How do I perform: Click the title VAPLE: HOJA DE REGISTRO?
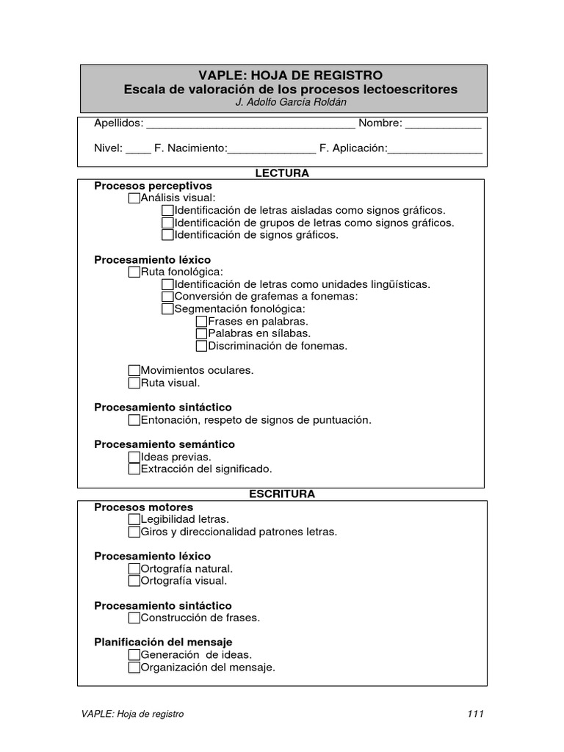290,76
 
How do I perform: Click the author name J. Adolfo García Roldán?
290,102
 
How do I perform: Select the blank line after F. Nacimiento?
272,149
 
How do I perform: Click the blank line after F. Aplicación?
435,149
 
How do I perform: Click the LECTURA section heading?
281,173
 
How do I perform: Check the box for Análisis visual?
134,198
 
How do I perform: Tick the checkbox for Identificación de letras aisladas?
167,211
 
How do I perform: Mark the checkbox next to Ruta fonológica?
134,272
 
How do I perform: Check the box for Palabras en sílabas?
202,333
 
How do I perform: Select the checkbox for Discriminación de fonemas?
202,346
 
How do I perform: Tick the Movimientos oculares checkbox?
134,371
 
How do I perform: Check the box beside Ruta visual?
134,383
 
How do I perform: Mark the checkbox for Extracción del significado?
134,469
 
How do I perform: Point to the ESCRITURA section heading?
281,494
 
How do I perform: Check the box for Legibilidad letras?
134,520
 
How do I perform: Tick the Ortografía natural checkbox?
134,569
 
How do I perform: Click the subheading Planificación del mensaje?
163,642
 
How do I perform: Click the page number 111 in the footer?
475,714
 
